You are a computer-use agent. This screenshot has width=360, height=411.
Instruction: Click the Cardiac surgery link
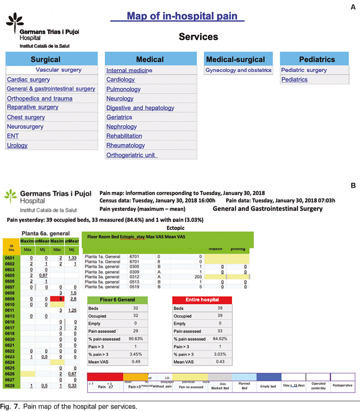(x=28, y=80)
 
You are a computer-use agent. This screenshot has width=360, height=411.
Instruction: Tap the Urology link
(x=17, y=146)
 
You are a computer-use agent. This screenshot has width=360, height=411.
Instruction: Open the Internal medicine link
(x=129, y=70)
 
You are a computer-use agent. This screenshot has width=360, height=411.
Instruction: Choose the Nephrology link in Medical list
(x=122, y=127)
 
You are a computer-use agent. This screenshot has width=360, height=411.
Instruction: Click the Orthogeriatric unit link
(x=132, y=155)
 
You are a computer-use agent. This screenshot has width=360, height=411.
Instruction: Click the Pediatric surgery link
(x=304, y=70)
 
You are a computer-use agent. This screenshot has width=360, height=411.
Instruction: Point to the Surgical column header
(x=45, y=59)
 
